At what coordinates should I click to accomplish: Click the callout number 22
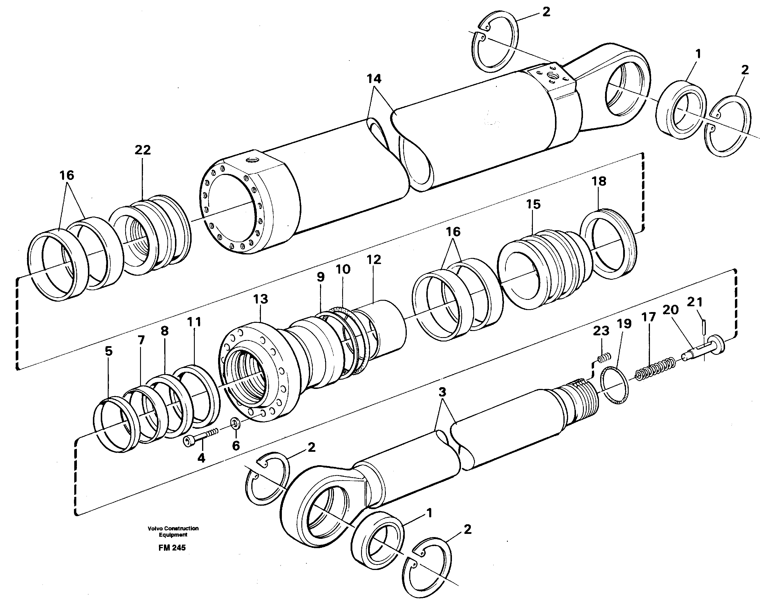pyautogui.click(x=142, y=150)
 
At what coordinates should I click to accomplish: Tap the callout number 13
pyautogui.click(x=261, y=299)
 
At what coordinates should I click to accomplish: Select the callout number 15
pyautogui.click(x=533, y=204)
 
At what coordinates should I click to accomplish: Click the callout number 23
pyautogui.click(x=601, y=331)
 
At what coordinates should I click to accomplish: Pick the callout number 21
pyautogui.click(x=695, y=302)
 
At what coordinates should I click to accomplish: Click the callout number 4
pyautogui.click(x=201, y=458)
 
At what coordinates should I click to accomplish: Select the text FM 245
pyautogui.click(x=172, y=548)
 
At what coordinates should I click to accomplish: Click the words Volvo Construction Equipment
pyautogui.click(x=173, y=532)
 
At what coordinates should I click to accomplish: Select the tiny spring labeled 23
pyautogui.click(x=604, y=358)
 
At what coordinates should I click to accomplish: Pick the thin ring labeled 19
pyautogui.click(x=614, y=385)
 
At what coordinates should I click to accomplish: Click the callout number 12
pyautogui.click(x=374, y=260)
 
